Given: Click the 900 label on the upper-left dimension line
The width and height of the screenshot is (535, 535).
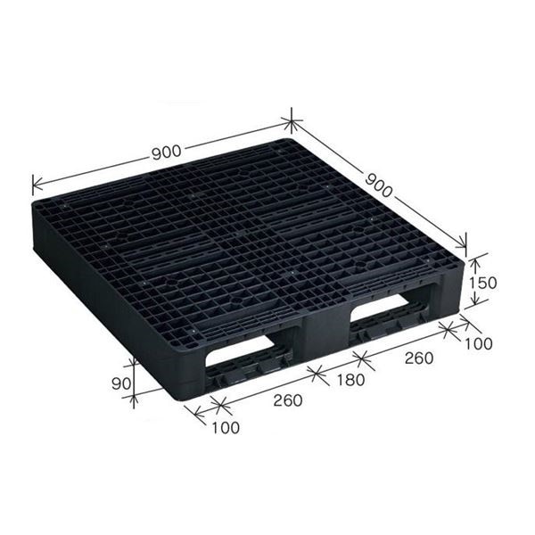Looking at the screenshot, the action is [x=166, y=152].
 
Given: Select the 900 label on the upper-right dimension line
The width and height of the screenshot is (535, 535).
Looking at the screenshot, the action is [x=379, y=185].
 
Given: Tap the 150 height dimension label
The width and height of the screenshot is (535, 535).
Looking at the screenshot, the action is [x=482, y=283].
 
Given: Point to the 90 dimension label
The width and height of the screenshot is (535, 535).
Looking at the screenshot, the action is [x=121, y=383].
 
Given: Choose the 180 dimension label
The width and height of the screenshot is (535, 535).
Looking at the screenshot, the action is [x=350, y=380].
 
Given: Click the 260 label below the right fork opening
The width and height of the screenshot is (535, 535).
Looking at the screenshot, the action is [x=419, y=358].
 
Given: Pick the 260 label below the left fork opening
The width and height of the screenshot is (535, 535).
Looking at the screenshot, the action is [x=288, y=400].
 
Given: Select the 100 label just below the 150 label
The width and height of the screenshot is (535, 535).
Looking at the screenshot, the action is [x=479, y=343].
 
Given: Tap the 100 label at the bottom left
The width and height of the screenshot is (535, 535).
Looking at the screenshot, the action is [x=226, y=427].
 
